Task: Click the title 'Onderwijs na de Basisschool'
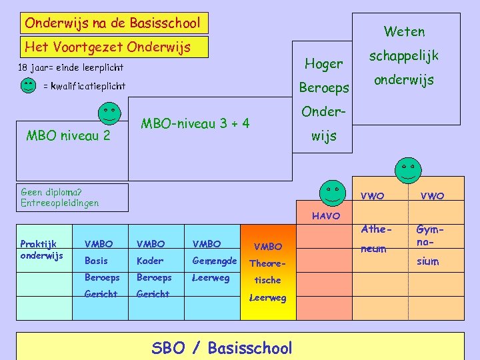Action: point(112,23)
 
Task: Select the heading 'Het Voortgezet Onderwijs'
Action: point(107,47)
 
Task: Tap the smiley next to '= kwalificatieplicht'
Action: point(28,86)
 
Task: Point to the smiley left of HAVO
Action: point(331,192)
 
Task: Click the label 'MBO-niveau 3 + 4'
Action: point(195,123)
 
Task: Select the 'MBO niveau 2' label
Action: point(67,137)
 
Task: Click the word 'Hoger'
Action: point(323,64)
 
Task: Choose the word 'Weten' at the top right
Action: point(404,31)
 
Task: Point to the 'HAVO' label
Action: point(326,216)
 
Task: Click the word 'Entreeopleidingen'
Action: point(60,203)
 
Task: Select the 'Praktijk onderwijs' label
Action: point(41,249)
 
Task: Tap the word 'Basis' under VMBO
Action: point(96,261)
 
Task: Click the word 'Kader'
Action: point(149,261)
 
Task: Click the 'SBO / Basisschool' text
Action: point(222,348)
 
